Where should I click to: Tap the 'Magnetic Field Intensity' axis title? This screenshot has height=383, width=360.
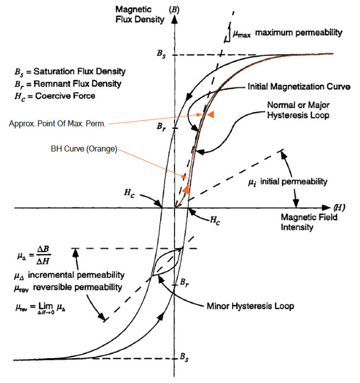click(x=309, y=222)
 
